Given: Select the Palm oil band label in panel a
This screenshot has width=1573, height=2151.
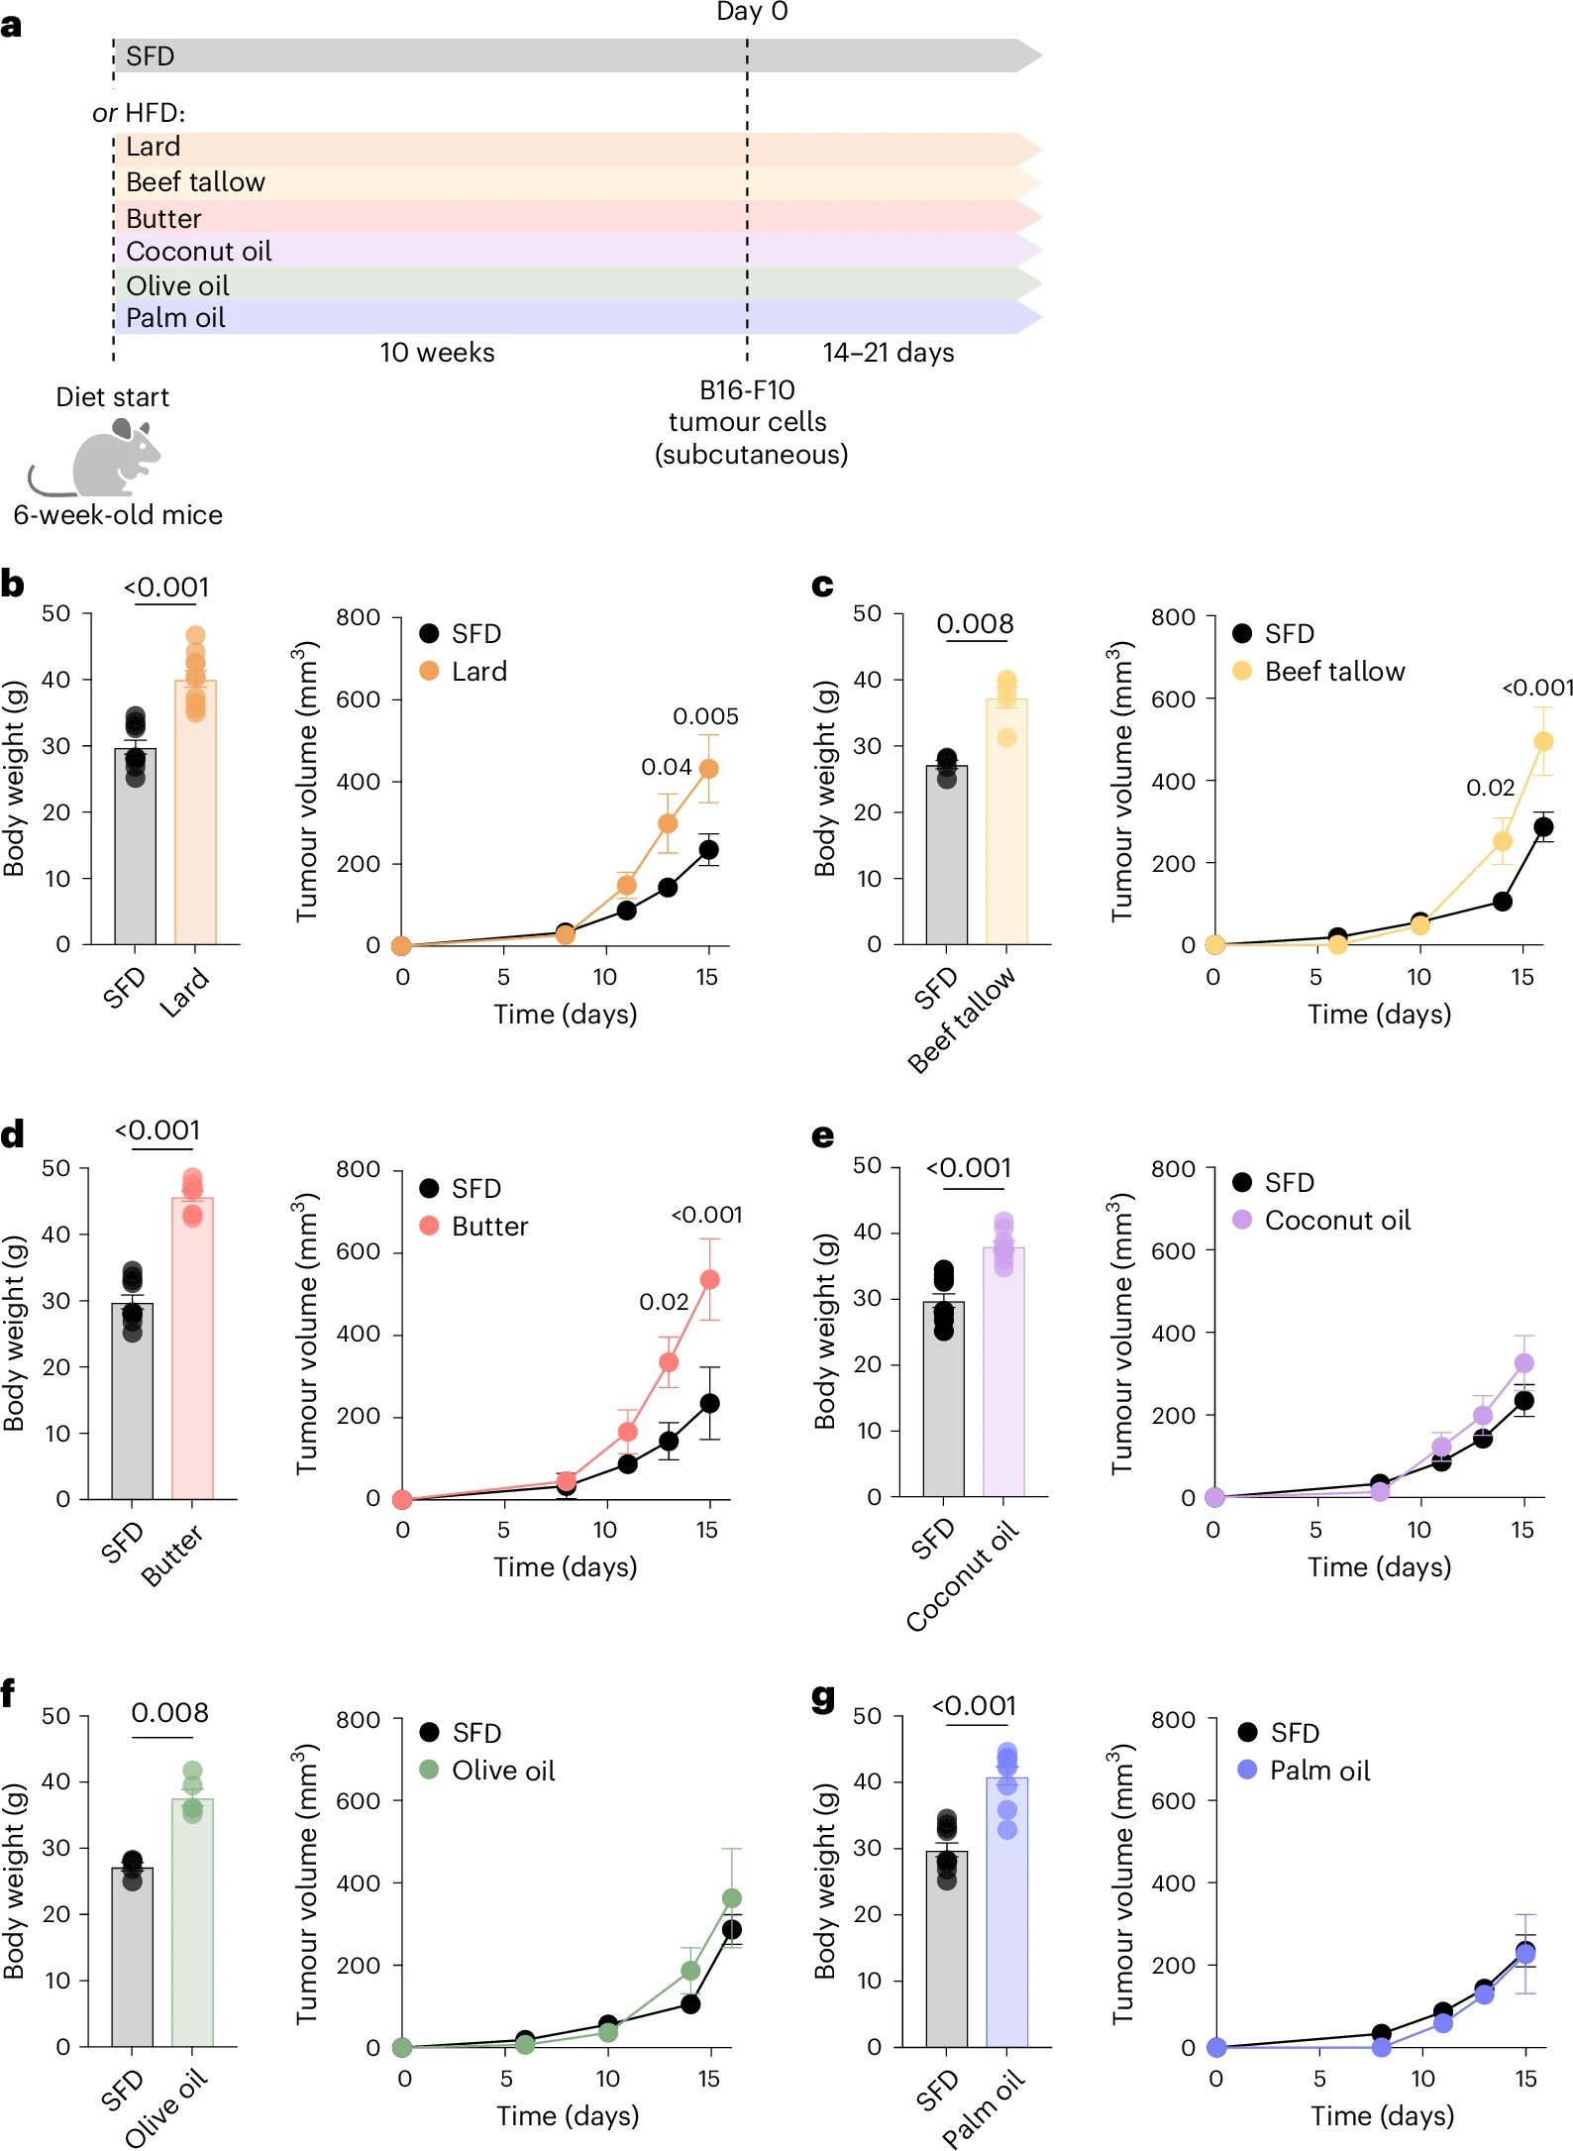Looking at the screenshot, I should (x=175, y=318).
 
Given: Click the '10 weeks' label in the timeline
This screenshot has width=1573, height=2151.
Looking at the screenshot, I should (x=437, y=353).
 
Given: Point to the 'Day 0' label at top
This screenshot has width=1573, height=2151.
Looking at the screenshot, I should (x=752, y=12).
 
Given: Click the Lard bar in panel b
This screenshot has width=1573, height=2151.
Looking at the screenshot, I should (x=195, y=812).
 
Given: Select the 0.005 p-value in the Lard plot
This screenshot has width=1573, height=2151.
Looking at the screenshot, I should (x=705, y=716).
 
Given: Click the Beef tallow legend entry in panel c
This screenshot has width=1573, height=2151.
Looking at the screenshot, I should (x=1334, y=672).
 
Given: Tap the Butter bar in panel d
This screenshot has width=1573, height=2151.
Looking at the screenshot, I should (x=192, y=1347).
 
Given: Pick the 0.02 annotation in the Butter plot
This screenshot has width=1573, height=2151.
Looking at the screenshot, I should (x=664, y=1302).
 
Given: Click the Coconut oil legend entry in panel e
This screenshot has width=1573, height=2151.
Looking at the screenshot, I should (x=1336, y=1221).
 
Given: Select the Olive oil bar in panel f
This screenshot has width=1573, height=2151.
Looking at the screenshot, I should (x=192, y=1922).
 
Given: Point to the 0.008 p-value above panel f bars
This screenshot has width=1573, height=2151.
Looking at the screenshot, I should (x=169, y=1713).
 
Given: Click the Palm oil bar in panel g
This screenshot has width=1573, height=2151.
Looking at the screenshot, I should (x=1006, y=1912).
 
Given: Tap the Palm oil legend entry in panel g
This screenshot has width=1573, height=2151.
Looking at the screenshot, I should (x=1318, y=1771).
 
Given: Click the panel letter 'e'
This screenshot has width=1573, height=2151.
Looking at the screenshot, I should (x=822, y=1136).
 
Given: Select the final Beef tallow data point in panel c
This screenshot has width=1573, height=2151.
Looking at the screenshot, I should (x=1542, y=741).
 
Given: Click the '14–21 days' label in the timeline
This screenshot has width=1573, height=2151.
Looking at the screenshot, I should (x=888, y=353).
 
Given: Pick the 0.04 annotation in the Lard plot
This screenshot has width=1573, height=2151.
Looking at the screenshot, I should (x=666, y=767).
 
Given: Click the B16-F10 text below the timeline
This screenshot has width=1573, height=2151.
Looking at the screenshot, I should (x=747, y=390).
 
